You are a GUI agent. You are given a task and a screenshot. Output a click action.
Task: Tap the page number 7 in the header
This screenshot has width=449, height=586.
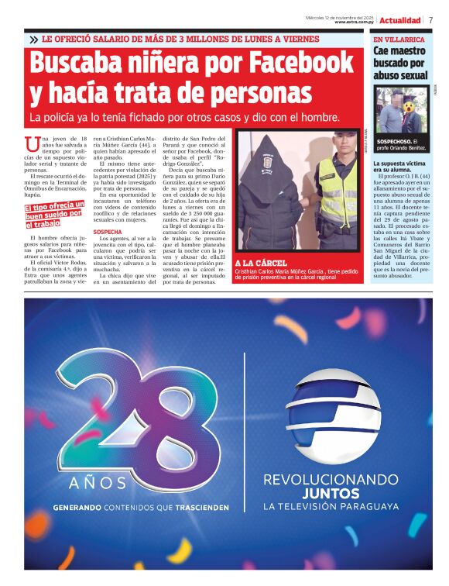(430, 20)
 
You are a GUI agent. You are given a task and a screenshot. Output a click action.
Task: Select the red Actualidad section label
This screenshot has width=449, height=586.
(400, 20)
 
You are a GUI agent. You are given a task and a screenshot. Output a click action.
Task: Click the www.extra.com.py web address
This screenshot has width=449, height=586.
(355, 22)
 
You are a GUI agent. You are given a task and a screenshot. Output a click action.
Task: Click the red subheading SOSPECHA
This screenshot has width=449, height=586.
(108, 232)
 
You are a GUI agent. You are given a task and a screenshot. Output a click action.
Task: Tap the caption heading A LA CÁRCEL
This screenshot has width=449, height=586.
(261, 263)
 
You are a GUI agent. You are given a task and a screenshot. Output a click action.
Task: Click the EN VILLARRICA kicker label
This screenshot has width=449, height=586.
(399, 39)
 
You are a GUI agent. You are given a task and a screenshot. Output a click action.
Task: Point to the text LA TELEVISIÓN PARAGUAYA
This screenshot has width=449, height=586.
(331, 507)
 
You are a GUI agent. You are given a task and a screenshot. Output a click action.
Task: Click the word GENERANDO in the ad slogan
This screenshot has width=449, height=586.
(77, 508)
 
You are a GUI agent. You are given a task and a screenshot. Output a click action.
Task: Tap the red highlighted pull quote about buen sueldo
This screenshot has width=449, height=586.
(53, 217)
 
